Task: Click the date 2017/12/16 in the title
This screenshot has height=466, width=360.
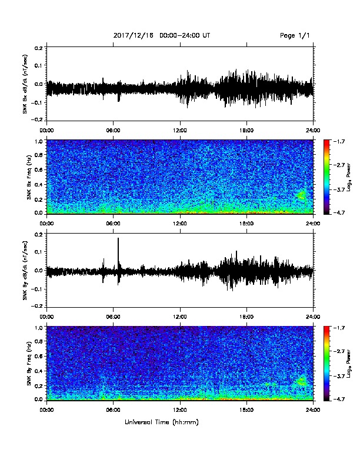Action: tap(134, 35)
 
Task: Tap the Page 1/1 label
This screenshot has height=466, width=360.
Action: tap(295, 35)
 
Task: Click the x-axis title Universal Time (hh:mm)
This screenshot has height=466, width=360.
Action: tap(162, 422)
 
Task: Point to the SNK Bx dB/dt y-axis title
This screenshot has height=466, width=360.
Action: tap(25, 84)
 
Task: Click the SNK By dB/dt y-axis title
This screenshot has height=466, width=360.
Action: tap(25, 270)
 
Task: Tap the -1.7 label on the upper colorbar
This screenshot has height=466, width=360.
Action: tap(339, 141)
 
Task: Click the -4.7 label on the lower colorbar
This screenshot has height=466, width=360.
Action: tap(339, 399)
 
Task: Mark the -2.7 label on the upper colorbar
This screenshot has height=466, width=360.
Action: tap(339, 165)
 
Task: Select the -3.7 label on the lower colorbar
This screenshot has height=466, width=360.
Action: tap(339, 375)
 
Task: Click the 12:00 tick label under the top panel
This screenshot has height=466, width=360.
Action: tap(180, 131)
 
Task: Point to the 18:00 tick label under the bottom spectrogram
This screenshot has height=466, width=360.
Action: tap(246, 410)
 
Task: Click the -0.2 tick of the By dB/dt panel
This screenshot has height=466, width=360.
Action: tap(39, 306)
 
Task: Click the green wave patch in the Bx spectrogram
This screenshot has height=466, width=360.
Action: tap(301, 195)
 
